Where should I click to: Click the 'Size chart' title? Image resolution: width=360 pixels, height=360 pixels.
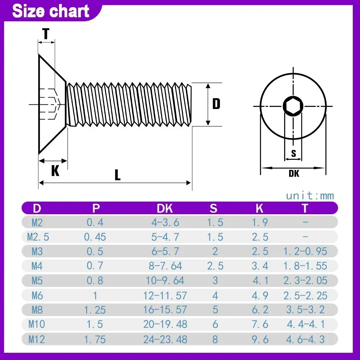(51, 11)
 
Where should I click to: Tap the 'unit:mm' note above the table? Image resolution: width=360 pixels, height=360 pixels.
(310, 196)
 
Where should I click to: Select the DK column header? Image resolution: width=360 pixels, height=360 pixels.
(165, 208)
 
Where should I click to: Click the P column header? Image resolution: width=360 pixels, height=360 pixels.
(96, 208)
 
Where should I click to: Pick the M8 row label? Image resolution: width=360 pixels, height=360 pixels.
(37, 310)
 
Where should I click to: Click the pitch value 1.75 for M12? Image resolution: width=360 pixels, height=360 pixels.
(95, 339)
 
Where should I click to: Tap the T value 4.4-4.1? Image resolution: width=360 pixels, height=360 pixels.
(305, 324)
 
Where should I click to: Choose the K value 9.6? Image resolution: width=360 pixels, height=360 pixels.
(260, 339)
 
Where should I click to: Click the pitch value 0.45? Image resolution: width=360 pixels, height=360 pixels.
(95, 237)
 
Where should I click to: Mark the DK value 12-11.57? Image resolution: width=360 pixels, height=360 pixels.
(165, 296)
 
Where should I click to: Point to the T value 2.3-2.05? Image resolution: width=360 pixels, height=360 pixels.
(305, 280)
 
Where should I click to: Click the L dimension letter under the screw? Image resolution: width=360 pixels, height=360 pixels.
(117, 175)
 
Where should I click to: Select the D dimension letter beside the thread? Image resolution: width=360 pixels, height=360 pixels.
(216, 104)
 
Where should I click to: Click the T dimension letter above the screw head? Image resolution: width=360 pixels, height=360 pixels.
(46, 34)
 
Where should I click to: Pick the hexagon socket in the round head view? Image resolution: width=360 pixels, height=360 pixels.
(293, 106)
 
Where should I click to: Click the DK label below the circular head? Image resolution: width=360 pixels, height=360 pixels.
(294, 174)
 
